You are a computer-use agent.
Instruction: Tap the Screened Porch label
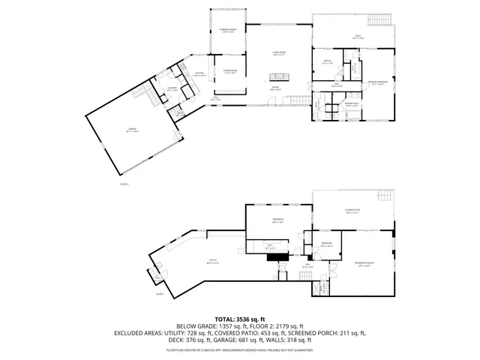click(229, 31)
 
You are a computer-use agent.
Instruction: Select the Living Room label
click(278, 53)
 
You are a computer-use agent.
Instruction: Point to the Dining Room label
click(229, 71)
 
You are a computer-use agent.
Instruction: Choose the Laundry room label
click(172, 88)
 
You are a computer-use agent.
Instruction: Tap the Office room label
click(326, 62)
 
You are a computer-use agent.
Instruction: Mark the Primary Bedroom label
click(376, 83)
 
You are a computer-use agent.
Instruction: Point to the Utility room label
click(213, 262)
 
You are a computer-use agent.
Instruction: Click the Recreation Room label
click(365, 264)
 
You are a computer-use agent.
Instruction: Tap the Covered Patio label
click(352, 212)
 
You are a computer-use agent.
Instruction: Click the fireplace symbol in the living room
click(279, 76)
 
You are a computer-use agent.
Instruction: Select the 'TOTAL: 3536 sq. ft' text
click(240, 319)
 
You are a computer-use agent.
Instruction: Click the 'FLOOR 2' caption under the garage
click(124, 183)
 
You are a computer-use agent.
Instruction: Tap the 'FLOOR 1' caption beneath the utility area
click(159, 294)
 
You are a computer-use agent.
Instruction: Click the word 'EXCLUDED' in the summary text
click(129, 333)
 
